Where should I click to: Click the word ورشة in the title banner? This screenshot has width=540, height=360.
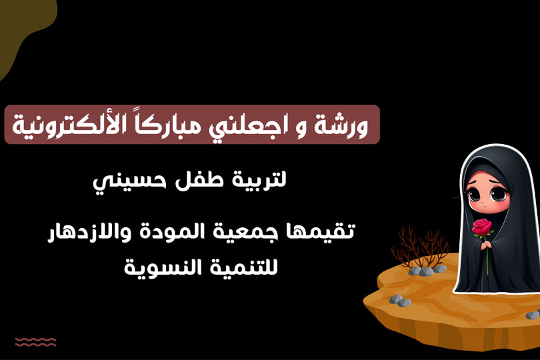point(341,126)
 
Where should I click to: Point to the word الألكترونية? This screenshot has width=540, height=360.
point(65,125)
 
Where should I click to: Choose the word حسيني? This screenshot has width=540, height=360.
point(130,183)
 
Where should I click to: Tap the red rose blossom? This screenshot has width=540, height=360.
point(482,227)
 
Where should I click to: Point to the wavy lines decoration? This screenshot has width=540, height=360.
point(35,342)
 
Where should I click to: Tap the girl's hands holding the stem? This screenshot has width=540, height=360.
point(486,245)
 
